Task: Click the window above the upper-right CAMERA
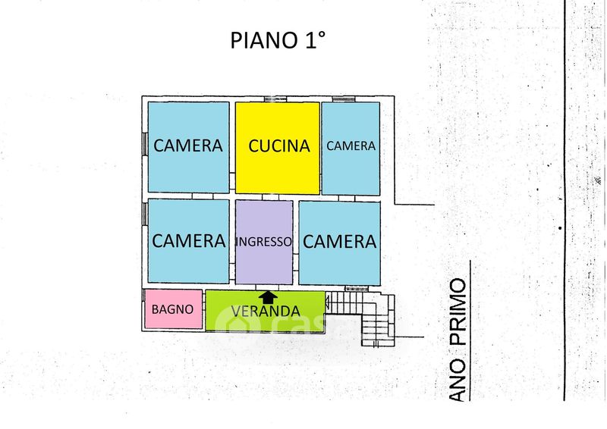tap(343, 99)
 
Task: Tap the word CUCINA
tap(280, 146)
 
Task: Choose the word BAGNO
tap(172, 309)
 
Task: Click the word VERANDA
tap(265, 312)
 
